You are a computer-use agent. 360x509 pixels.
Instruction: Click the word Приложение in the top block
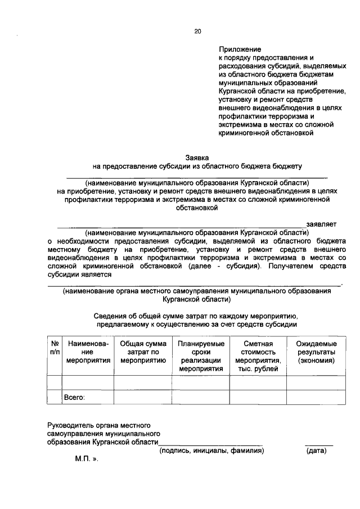click(240, 49)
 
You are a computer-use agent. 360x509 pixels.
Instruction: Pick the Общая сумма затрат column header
click(142, 352)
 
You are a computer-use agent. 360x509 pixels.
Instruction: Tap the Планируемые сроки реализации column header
click(200, 355)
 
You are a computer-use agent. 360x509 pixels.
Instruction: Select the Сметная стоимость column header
click(258, 355)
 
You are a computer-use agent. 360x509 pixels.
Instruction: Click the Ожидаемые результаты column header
click(316, 352)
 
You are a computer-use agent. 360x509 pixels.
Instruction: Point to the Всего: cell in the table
click(74, 397)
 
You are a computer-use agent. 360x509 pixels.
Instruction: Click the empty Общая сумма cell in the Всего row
click(142, 397)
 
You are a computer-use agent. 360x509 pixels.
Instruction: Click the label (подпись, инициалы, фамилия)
click(211, 451)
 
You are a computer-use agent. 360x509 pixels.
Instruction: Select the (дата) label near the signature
click(318, 451)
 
